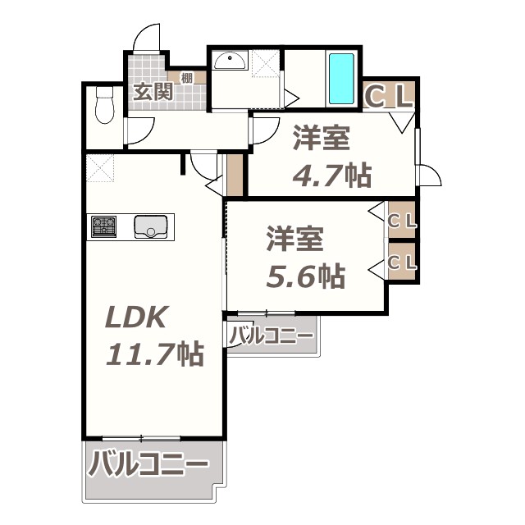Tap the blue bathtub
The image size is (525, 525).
click(x=341, y=79)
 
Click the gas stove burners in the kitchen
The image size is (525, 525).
click(x=103, y=226)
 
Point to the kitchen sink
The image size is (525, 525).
click(x=152, y=226)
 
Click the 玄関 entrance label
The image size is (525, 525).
click(x=153, y=91)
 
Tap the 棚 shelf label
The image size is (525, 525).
click(x=187, y=79)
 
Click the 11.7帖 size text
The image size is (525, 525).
click(x=155, y=354)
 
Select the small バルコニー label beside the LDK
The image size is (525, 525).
click(x=270, y=336)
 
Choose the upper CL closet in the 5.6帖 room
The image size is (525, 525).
click(x=402, y=221)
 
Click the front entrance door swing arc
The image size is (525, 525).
click(x=147, y=37)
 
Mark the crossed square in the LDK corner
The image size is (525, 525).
click(x=102, y=168)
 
